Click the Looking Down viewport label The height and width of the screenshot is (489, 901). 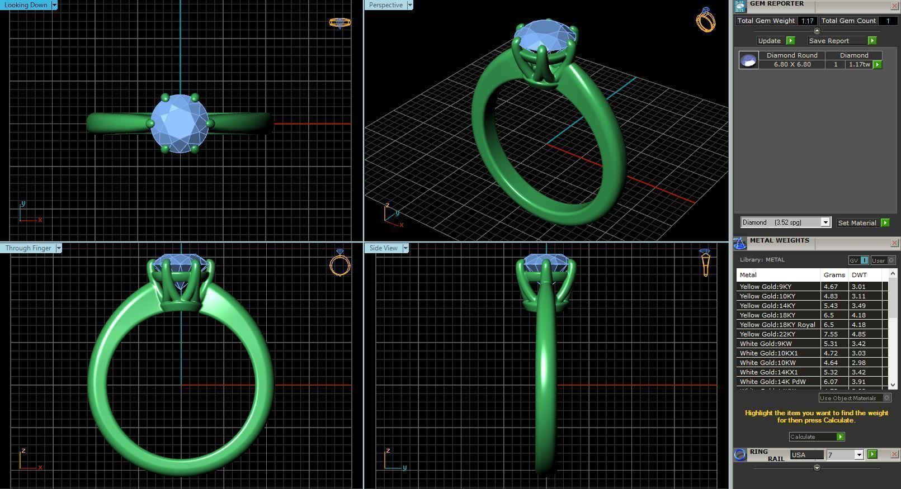point(26,5)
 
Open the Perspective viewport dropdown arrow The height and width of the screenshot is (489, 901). point(410,5)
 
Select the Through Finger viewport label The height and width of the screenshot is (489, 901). point(28,248)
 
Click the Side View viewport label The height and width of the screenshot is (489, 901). point(383,248)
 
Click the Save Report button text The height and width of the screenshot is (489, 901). point(829,41)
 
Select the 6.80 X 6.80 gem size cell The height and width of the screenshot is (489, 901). point(792,64)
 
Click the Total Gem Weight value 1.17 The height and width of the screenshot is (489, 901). point(807,21)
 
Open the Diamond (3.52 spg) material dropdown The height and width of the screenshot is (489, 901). point(825,222)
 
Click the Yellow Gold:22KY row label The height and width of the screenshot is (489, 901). point(767,334)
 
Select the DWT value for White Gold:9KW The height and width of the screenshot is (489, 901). point(858,344)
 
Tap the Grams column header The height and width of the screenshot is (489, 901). point(834,275)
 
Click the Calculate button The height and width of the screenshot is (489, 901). point(816,436)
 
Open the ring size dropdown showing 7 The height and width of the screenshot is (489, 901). point(859,455)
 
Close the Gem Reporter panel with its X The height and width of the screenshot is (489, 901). point(894,6)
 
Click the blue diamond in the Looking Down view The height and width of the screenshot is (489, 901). point(180,123)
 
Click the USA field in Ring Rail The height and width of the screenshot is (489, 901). point(805,455)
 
